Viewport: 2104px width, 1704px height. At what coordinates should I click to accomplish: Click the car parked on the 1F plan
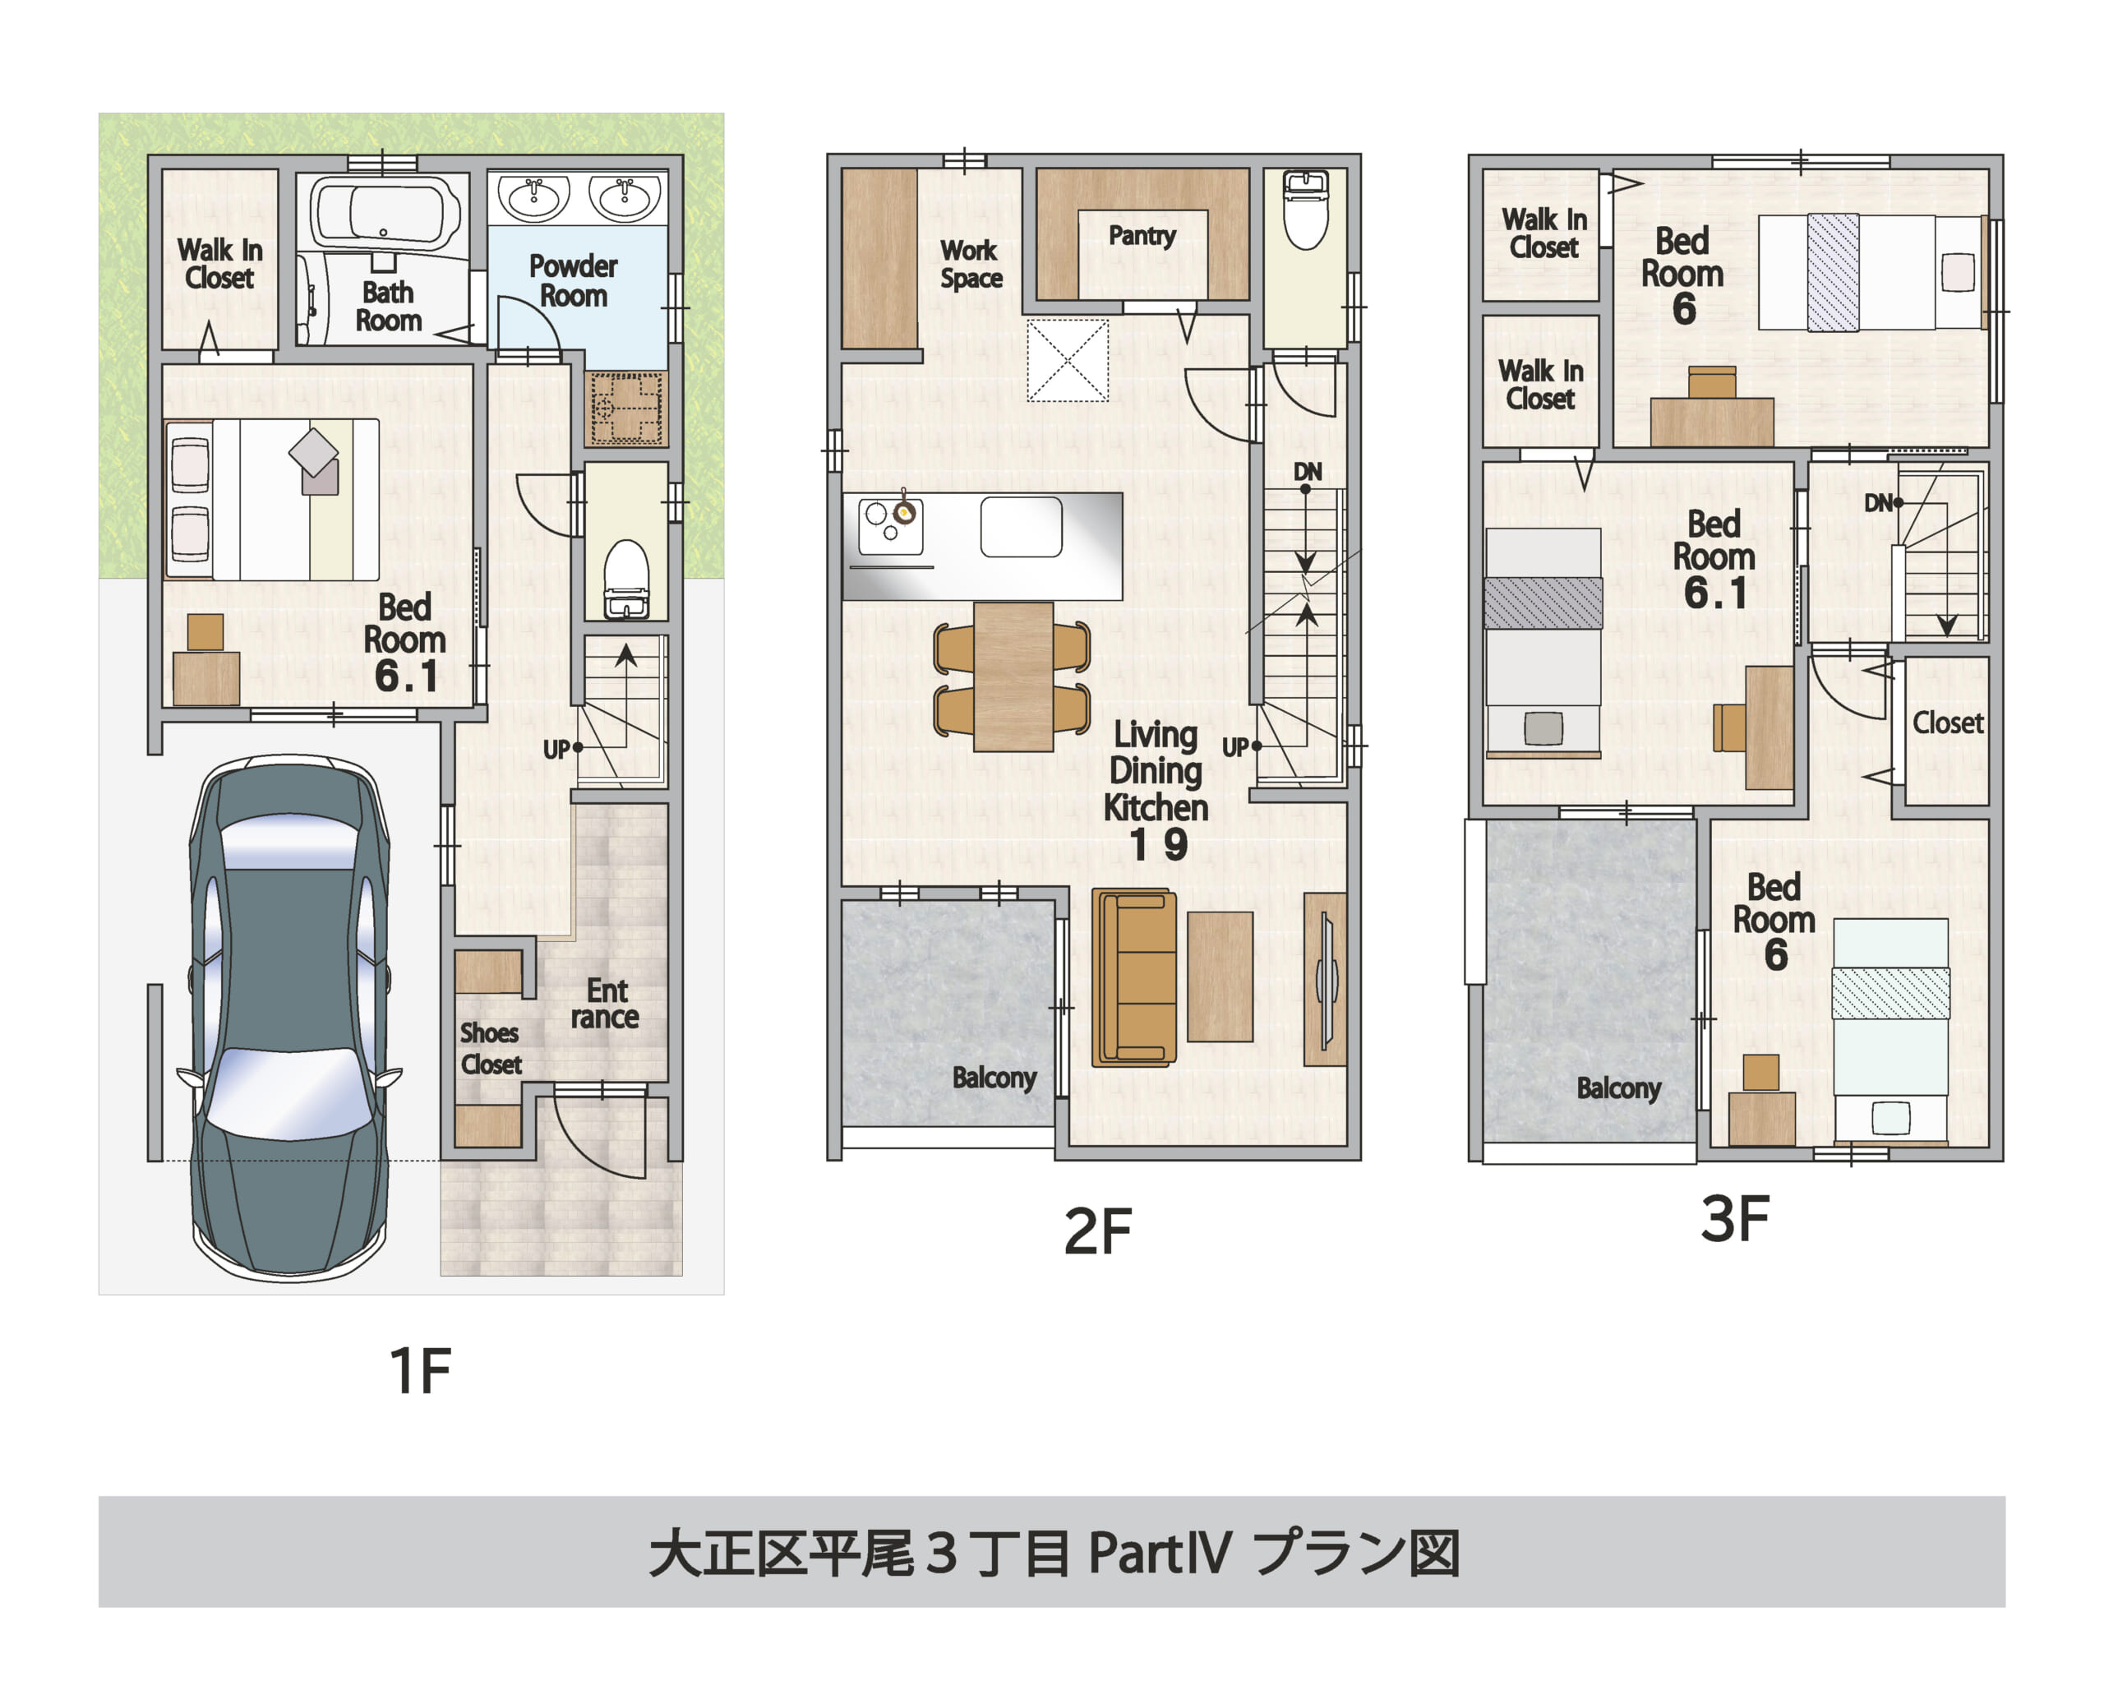point(289,1016)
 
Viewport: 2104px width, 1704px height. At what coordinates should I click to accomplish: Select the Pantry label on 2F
point(1142,236)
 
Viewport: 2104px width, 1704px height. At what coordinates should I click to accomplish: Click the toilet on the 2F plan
point(1305,212)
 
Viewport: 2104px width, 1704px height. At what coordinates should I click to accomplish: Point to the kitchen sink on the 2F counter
point(1021,527)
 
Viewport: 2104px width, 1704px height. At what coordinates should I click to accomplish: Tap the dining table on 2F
point(1013,677)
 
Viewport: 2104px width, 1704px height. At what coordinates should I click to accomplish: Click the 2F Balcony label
point(994,1078)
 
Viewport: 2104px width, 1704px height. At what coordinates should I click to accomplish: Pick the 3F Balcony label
point(1618,1088)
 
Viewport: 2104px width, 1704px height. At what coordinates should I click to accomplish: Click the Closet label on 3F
point(1947,723)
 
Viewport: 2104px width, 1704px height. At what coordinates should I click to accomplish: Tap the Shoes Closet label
point(490,1048)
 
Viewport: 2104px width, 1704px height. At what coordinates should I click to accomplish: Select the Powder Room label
point(573,281)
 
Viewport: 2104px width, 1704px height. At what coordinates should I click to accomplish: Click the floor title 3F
point(1734,1220)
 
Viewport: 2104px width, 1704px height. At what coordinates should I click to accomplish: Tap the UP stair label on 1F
point(556,750)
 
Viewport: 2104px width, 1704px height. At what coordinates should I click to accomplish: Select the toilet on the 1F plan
point(626,580)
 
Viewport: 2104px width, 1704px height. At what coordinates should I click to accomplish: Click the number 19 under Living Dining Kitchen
point(1158,845)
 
